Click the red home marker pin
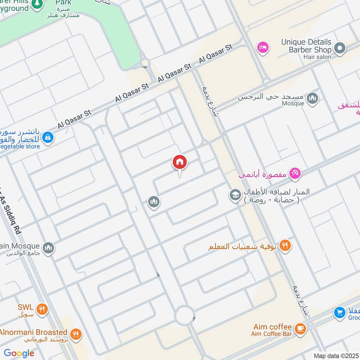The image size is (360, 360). tap(180, 163)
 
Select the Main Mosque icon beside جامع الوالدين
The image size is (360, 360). tap(48, 247)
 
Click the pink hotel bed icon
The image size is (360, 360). tap(262, 47)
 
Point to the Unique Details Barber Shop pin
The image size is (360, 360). tap(340, 47)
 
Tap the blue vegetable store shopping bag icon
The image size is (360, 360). tap(48, 137)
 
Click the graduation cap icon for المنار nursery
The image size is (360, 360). tap(234, 195)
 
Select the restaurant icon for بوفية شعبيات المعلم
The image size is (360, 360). tap(284, 246)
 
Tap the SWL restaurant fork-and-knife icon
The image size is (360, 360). tap(42, 309)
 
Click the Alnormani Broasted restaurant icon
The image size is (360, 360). tap(76, 334)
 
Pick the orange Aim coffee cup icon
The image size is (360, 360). tap(300, 329)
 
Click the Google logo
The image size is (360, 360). tap(19, 353)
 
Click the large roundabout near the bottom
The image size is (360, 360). tap(184, 315)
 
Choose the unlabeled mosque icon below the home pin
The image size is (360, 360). tap(154, 202)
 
